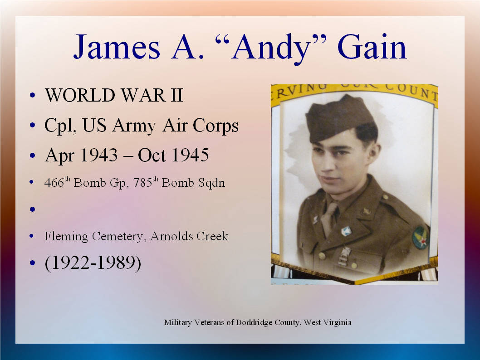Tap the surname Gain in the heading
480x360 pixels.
coord(372,47)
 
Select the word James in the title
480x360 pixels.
coord(117,47)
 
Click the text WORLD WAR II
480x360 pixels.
coord(114,95)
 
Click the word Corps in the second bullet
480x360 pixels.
coord(216,126)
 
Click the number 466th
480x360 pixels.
coord(57,182)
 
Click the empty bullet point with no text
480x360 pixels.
coord(33,209)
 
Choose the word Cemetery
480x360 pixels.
coord(118,236)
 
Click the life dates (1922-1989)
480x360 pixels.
coord(93,263)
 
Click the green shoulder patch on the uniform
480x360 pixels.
coord(420,237)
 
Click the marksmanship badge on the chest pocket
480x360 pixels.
coord(344,256)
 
